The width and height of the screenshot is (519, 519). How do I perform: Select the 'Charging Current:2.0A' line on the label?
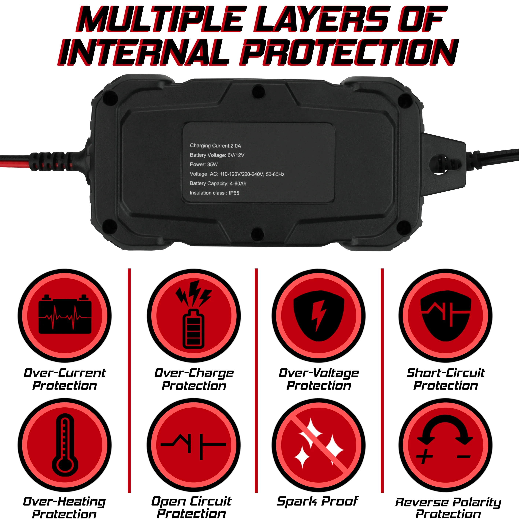coord(216,146)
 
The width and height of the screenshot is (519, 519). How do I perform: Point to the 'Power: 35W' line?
coord(204,164)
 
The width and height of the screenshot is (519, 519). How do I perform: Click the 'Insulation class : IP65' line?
coord(214,193)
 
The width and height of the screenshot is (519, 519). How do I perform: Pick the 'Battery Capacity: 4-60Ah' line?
coord(218,183)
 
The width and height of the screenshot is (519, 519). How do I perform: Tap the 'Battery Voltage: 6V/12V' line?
coord(217,155)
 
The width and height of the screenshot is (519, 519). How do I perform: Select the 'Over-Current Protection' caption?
coord(65,379)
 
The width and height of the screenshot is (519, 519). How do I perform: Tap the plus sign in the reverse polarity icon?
coord(425,456)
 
